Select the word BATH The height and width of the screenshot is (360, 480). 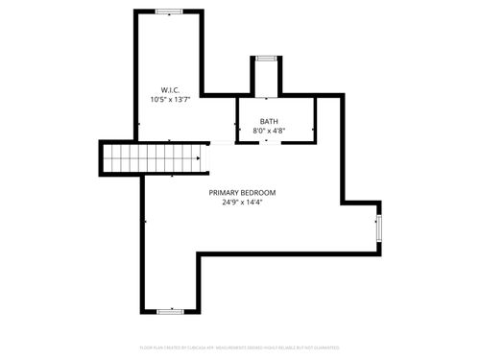[x=269, y=121]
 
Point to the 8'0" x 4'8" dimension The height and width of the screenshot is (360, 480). [x=269, y=131]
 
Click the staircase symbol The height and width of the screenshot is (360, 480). [x=154, y=156]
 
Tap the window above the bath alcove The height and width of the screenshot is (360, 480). [x=266, y=59]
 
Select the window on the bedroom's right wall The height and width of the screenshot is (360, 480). [x=379, y=228]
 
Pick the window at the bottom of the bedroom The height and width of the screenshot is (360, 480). [x=170, y=311]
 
